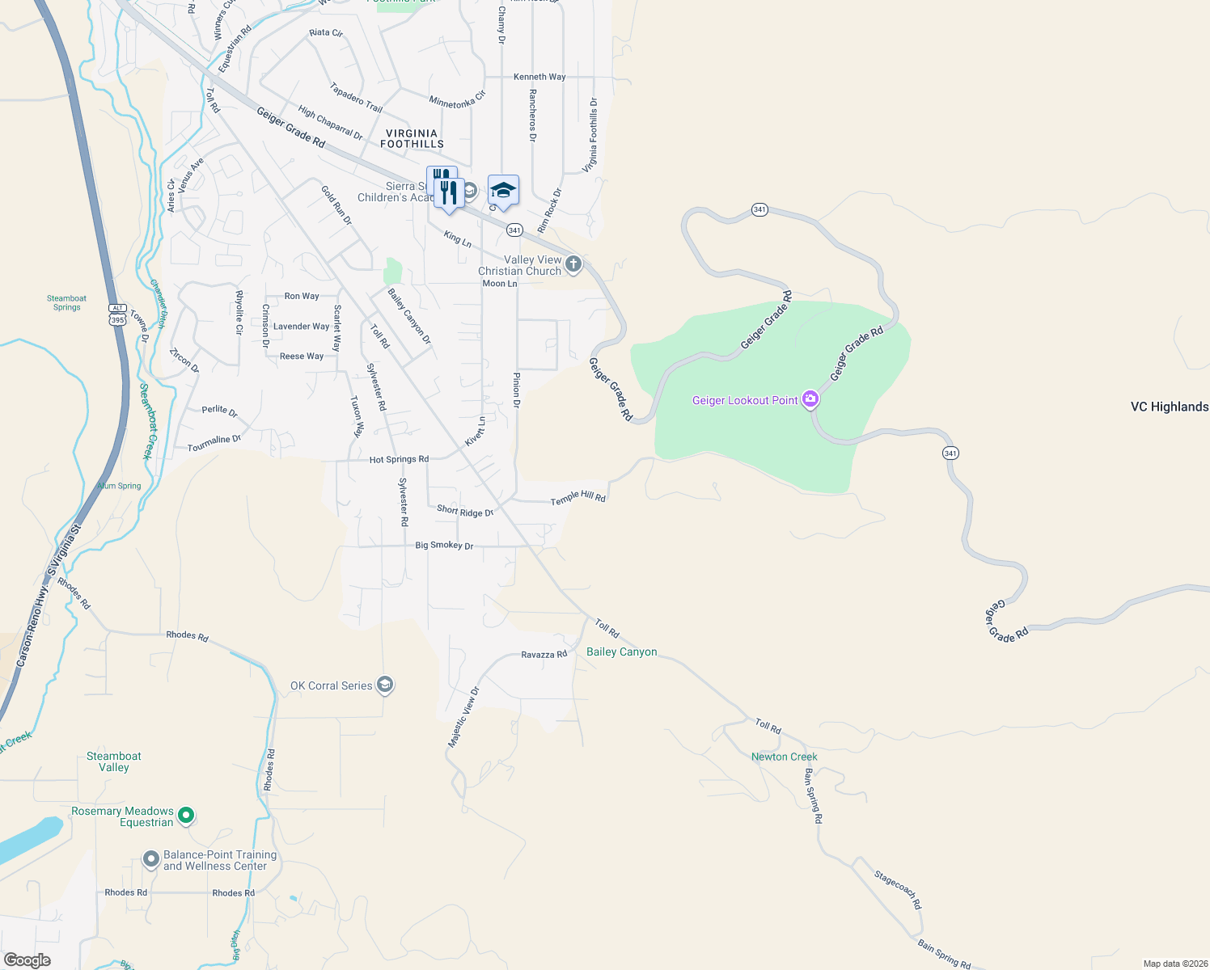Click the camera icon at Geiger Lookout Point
click(x=810, y=399)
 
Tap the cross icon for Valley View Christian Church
click(x=573, y=264)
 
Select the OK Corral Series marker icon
click(x=385, y=685)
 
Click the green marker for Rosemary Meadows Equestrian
click(x=186, y=816)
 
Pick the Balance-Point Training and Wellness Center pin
click(x=151, y=859)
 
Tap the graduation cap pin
click(x=503, y=191)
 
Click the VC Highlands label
click(x=1169, y=407)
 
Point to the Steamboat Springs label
click(x=67, y=302)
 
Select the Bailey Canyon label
click(x=621, y=652)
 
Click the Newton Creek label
click(x=784, y=757)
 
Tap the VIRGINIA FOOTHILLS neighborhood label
click(x=412, y=138)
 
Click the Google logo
click(x=27, y=959)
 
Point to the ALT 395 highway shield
click(x=118, y=314)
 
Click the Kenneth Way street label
click(x=539, y=77)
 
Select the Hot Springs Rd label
click(x=399, y=459)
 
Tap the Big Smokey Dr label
click(x=444, y=546)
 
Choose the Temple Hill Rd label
click(x=577, y=497)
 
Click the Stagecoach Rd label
click(x=898, y=889)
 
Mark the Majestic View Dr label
click(x=464, y=717)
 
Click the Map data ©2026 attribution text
click(x=1173, y=964)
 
